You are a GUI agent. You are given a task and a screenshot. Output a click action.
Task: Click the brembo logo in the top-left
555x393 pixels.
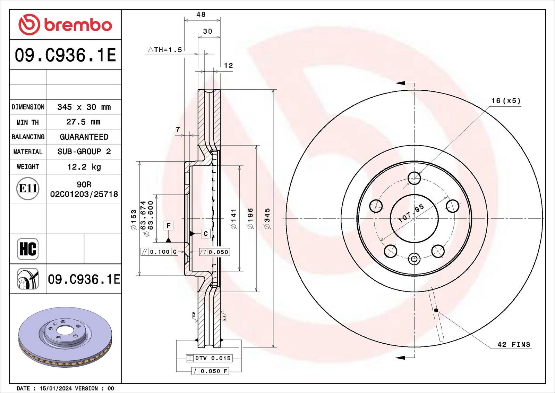[65, 25]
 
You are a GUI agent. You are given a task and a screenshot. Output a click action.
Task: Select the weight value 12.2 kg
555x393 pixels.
[84, 167]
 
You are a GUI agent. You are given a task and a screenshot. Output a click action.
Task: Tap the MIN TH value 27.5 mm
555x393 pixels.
[84, 122]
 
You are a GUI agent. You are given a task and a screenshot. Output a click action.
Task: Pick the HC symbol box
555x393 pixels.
[28, 249]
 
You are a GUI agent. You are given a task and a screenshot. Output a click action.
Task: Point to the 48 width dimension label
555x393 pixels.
[201, 14]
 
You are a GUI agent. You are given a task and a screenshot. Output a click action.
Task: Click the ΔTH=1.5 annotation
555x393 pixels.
[165, 50]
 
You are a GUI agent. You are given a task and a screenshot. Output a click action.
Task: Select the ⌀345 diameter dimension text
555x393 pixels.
[267, 219]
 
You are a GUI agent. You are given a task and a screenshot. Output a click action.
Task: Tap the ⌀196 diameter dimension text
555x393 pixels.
[250, 219]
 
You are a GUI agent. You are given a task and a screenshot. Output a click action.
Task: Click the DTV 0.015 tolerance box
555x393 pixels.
[210, 358]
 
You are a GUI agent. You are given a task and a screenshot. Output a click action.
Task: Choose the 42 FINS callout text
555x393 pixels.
[514, 344]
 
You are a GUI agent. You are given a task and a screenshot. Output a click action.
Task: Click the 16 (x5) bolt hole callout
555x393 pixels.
[506, 101]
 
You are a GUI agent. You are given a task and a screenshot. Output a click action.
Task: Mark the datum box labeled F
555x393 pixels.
[169, 226]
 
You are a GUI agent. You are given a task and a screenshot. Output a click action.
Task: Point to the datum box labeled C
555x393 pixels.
[206, 234]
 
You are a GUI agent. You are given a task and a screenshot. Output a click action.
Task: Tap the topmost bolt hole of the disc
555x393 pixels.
[414, 178]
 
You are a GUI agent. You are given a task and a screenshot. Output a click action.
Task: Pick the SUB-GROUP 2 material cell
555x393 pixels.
[84, 152]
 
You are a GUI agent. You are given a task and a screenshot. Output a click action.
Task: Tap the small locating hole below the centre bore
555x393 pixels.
[414, 259]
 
